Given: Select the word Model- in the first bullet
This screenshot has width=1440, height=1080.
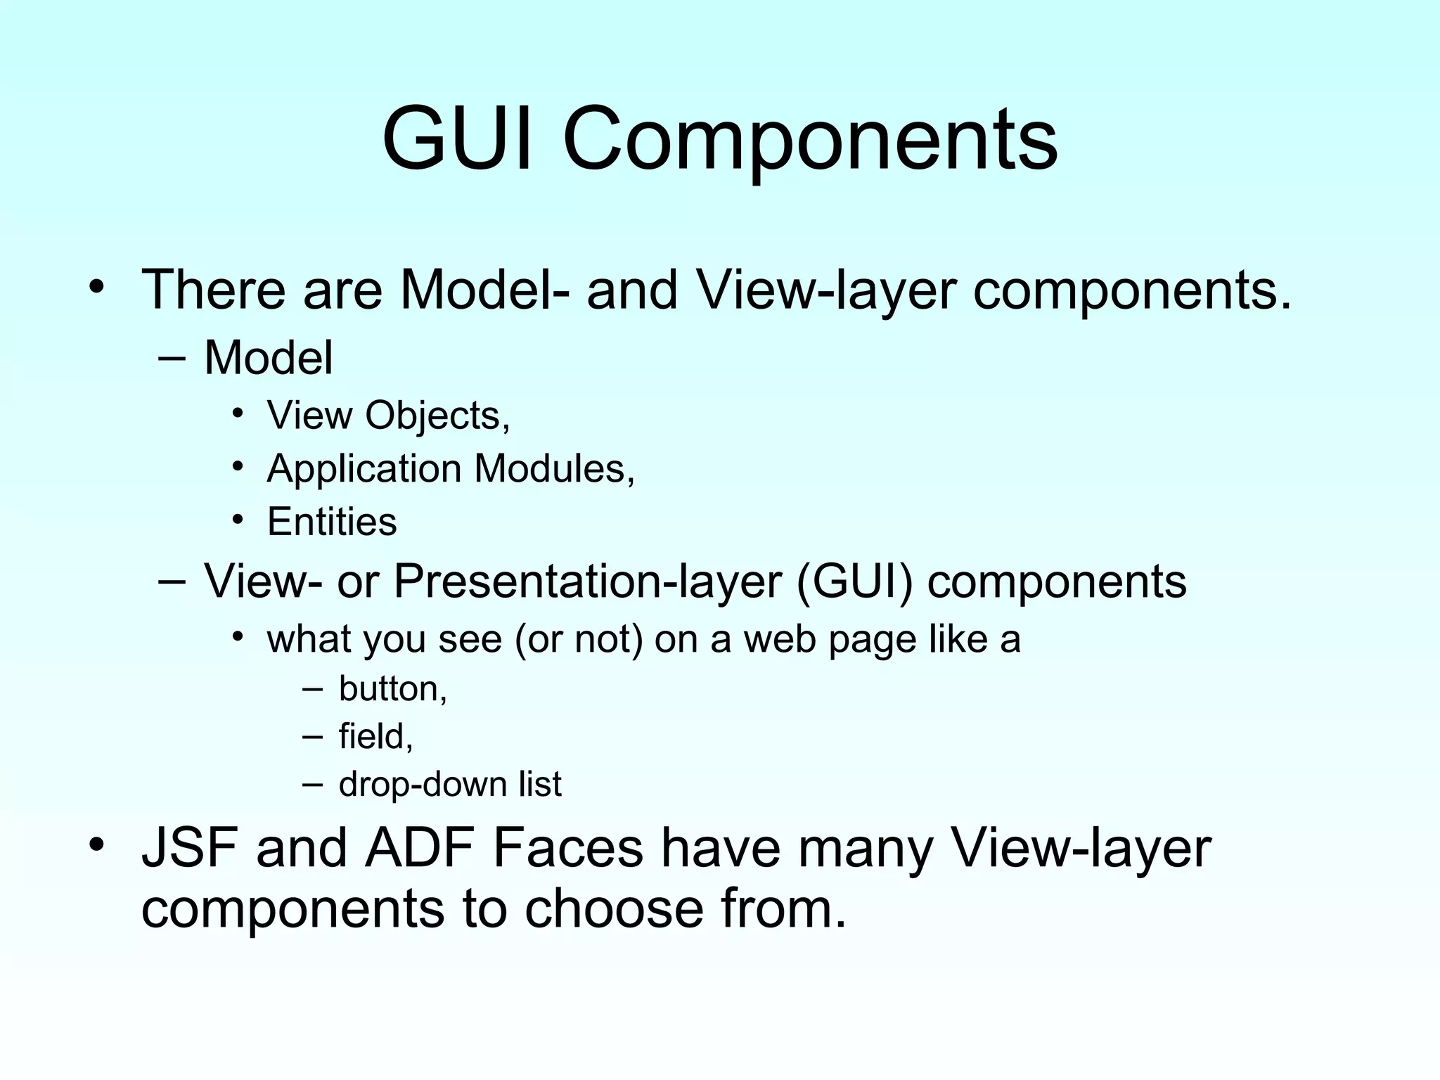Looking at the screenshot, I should click(x=485, y=289).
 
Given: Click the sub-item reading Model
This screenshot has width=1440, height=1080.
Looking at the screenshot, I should click(x=268, y=357).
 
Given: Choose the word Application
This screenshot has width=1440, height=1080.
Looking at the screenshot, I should click(x=364, y=469).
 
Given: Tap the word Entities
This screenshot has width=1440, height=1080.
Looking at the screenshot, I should click(x=332, y=522).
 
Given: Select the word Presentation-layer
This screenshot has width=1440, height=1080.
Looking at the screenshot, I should click(x=587, y=581).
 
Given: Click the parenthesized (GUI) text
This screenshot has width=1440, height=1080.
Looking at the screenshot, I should click(x=854, y=581).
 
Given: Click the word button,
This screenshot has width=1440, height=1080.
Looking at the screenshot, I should click(x=393, y=688).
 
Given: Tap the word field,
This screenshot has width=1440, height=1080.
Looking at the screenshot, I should click(x=375, y=736).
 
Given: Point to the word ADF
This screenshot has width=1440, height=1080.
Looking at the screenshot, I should click(x=419, y=848).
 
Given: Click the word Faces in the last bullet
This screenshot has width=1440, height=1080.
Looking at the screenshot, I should click(x=567, y=848).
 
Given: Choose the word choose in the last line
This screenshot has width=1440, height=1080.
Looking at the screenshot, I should click(x=614, y=908).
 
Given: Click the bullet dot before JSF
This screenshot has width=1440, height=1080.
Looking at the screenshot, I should click(x=96, y=844).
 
